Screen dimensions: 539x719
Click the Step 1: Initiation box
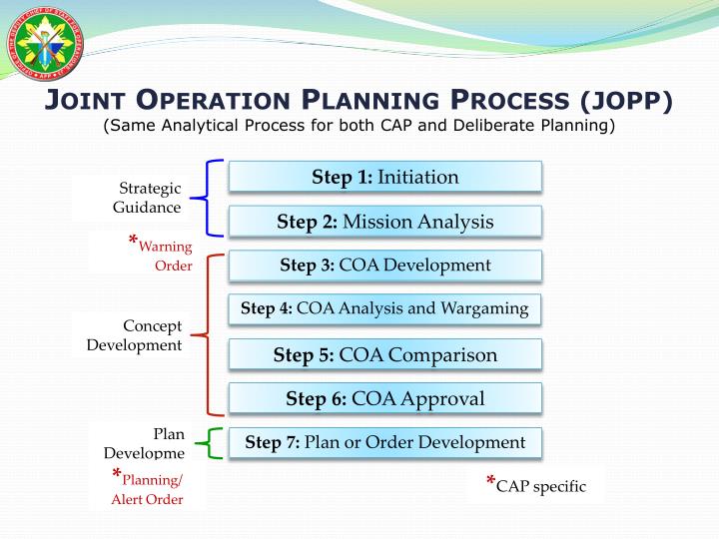[384, 177]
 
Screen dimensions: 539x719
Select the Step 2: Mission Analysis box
[384, 222]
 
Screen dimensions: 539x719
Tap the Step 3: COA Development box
[384, 266]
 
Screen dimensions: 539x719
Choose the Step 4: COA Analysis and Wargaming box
[384, 308]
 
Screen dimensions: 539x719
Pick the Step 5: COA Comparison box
[384, 354]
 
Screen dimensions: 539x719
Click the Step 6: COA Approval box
[384, 398]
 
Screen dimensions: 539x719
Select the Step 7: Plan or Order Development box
[384, 442]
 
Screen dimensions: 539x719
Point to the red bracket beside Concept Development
[210, 334]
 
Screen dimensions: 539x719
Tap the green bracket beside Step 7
[211, 442]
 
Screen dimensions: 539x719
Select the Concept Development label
[135, 335]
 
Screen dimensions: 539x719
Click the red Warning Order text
[163, 255]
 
